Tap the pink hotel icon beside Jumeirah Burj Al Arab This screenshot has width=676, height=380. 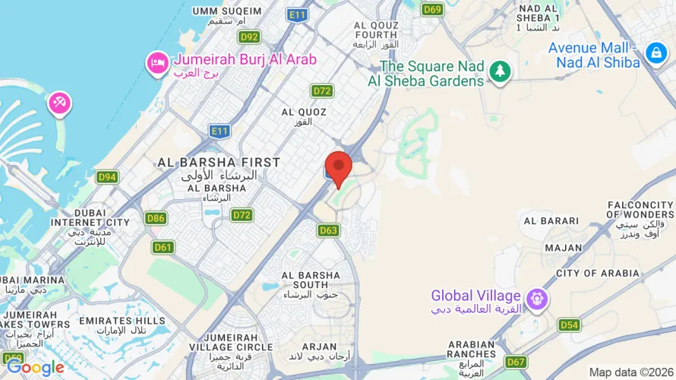(157, 63)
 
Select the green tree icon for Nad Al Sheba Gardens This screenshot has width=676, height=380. (500, 71)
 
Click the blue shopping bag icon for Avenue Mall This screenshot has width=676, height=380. (655, 52)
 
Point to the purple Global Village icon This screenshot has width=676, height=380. (537, 299)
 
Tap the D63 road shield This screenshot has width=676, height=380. (328, 230)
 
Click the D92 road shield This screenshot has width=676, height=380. (249, 36)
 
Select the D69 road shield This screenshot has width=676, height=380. (432, 9)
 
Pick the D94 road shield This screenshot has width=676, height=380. (107, 177)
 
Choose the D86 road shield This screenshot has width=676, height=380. (156, 218)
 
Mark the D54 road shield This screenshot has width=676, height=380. (569, 325)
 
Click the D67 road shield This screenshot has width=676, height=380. (516, 362)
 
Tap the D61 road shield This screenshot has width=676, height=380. (163, 247)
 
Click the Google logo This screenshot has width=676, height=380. (35, 368)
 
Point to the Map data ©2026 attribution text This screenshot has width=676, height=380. (631, 372)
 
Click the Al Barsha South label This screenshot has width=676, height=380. (310, 280)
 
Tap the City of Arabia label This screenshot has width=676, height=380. (598, 273)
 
